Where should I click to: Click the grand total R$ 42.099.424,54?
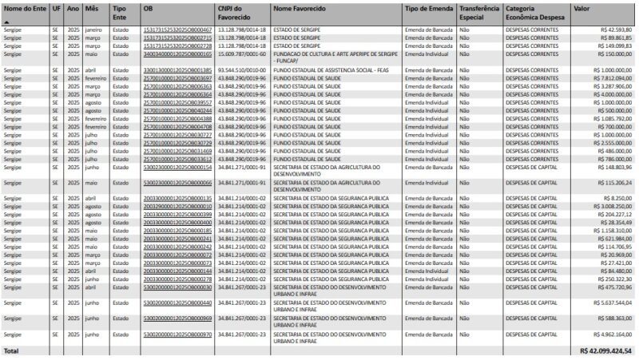(606, 350)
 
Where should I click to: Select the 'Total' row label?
(11, 350)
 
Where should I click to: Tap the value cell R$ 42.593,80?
(613, 30)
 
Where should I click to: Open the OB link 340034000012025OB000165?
(177, 53)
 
